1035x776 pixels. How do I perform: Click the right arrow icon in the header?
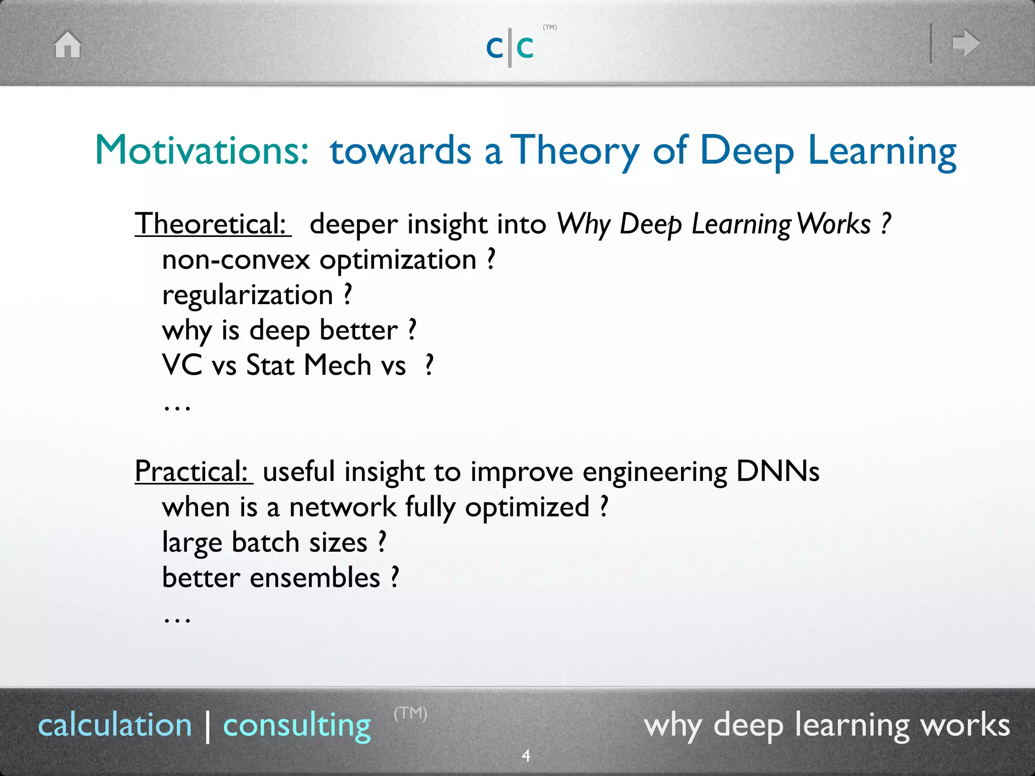pos(966,43)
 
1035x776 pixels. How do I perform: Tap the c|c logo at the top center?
pos(510,47)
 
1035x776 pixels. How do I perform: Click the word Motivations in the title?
pos(202,150)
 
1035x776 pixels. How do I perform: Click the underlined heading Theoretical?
pos(212,224)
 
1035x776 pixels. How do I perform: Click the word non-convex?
pos(236,260)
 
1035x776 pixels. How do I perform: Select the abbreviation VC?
pos(182,365)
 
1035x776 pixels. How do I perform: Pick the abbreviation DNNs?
pos(777,471)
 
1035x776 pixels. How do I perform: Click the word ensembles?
pos(315,577)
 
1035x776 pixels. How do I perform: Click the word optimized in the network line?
pos(527,507)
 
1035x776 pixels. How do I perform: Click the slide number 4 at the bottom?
pos(526,756)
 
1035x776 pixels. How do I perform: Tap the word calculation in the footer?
pos(115,725)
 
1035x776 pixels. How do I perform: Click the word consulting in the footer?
pos(297,725)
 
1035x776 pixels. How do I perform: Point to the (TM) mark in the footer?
pos(410,713)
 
